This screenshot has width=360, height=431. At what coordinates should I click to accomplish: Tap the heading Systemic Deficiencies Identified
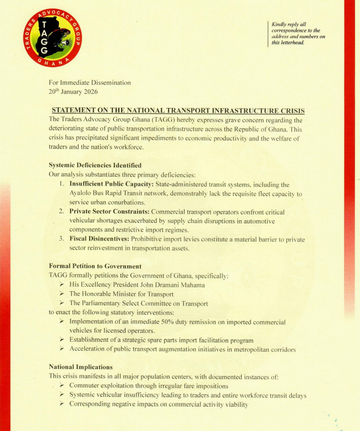coord(95,165)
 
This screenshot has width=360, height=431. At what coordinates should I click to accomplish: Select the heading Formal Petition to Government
coord(95,266)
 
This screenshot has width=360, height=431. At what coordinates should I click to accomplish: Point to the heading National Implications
coord(80,367)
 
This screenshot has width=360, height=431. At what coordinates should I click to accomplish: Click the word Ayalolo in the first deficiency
coord(82,194)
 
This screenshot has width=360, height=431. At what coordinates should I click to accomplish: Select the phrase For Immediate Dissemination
coord(90,83)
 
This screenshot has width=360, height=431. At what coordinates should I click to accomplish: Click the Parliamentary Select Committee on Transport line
coord(138,303)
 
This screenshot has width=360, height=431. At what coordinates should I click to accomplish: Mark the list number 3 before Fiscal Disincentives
coord(61,239)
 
